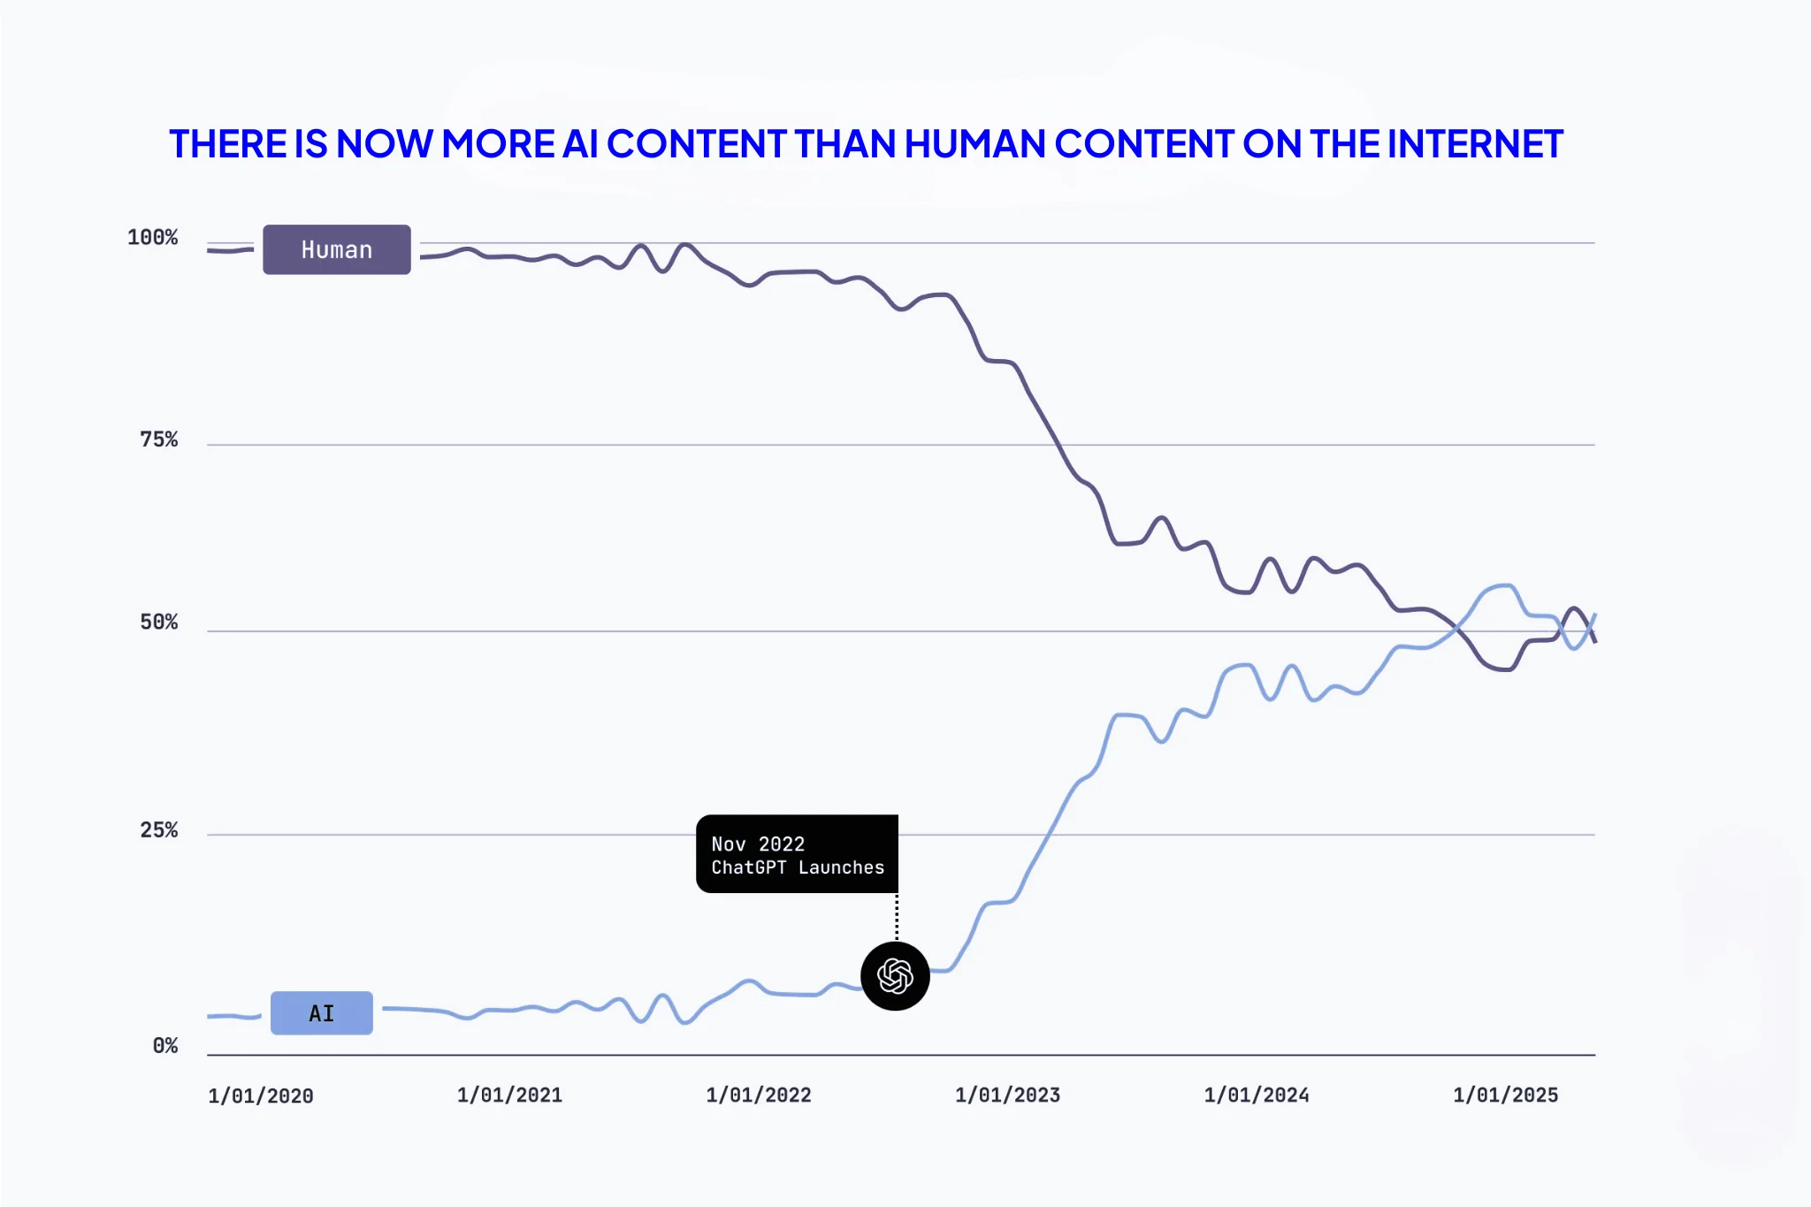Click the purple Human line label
[x=336, y=249]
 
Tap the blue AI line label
[x=321, y=1013]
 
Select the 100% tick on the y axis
[x=152, y=238]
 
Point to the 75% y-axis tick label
[x=158, y=439]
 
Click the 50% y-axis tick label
[x=158, y=623]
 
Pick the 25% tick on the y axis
[x=158, y=830]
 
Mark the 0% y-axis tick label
[x=164, y=1046]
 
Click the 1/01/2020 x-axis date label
[x=261, y=1096]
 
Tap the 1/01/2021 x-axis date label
[x=509, y=1096]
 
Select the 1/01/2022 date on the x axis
[x=759, y=1096]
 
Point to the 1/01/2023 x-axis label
[x=1007, y=1096]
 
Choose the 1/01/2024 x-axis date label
[x=1257, y=1096]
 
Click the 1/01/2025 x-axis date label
[x=1505, y=1096]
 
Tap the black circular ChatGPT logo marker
[x=895, y=976]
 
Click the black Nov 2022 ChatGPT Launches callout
[x=797, y=854]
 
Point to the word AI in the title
[x=580, y=144]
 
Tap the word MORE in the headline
[x=498, y=144]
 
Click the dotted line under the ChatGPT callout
[x=897, y=917]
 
